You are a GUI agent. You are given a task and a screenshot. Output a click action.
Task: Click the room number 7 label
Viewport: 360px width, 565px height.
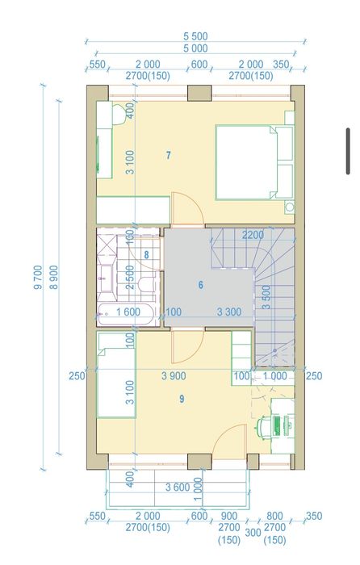point(168,155)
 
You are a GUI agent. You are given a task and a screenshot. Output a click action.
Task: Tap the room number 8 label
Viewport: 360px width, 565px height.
point(146,255)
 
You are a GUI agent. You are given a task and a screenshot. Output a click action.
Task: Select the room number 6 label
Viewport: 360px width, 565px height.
point(201,285)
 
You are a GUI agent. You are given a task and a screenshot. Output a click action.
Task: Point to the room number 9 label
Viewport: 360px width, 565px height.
point(182,399)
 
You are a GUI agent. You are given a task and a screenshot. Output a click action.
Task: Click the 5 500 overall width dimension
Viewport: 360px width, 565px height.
point(195,36)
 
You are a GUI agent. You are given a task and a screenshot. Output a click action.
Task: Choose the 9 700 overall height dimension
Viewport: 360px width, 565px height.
point(38,277)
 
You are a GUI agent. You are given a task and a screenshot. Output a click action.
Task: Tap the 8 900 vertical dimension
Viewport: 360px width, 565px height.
point(53,277)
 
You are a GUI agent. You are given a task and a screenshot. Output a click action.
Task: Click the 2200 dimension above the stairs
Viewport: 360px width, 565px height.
point(253,236)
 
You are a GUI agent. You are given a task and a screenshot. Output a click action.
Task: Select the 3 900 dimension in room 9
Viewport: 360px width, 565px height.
point(174,376)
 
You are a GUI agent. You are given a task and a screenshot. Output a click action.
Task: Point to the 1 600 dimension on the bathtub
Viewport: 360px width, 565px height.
point(128,312)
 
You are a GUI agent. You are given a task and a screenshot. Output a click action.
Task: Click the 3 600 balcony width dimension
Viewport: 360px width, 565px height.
point(178,488)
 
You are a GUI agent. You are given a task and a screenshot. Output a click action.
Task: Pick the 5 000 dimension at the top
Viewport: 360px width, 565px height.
point(195,48)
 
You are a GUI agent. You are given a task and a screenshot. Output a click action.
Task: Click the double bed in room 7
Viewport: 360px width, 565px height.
point(254,162)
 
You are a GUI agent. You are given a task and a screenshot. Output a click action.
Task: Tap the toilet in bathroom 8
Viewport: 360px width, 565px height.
point(146,285)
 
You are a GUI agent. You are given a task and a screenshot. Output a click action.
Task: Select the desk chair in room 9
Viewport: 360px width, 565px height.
point(263,428)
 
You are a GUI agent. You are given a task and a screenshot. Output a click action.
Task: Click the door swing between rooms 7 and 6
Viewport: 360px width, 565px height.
point(187,210)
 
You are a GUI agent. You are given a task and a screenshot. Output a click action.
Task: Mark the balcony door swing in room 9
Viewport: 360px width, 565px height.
point(229,442)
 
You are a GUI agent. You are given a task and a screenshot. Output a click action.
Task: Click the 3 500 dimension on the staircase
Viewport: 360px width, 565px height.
point(266,297)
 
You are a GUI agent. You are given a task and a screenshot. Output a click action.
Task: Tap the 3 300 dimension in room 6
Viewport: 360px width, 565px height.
point(229,312)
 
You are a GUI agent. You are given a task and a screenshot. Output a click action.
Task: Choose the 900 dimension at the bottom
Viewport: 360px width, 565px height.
point(229,516)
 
